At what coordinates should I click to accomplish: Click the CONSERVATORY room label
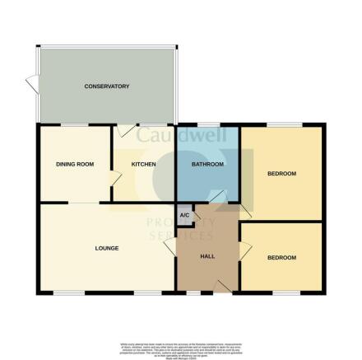click(x=107, y=86)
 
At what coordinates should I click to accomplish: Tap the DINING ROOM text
click(x=75, y=165)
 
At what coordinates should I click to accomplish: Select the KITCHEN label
click(x=143, y=165)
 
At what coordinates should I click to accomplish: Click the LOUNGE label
click(x=107, y=248)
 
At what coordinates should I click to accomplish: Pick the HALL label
click(x=208, y=256)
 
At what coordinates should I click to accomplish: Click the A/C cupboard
click(x=183, y=216)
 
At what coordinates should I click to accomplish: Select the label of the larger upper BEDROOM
click(x=281, y=174)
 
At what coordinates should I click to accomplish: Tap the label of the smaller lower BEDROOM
click(x=281, y=258)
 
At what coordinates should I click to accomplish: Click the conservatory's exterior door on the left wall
click(x=31, y=83)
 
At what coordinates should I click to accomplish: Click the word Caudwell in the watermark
click(x=173, y=134)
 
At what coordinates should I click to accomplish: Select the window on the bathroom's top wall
click(x=207, y=125)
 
